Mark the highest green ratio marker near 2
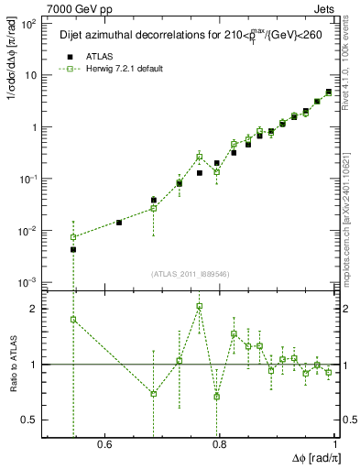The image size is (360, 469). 199,306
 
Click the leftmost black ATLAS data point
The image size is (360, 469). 73,249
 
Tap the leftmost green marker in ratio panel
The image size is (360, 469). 73,320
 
